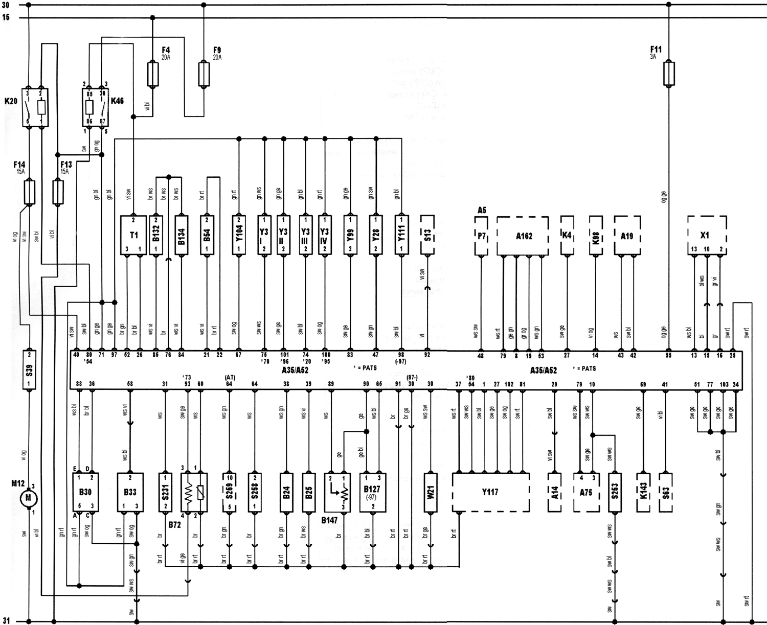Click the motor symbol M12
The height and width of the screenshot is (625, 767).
coord(29,497)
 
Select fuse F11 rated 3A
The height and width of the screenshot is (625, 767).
coord(668,74)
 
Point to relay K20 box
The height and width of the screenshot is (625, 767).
coord(35,108)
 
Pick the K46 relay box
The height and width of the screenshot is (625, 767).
coord(96,108)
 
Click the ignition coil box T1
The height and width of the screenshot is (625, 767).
coord(133,235)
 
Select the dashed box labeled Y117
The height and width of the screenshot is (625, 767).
coord(490,492)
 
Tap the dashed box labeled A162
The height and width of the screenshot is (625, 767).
coord(523,236)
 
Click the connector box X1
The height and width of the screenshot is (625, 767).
coord(707,235)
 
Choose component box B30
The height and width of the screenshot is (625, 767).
coord(86,492)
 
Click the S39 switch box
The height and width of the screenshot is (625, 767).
coord(29,369)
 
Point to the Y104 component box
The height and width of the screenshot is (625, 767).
coord(239,235)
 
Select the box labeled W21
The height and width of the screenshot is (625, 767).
coord(431,492)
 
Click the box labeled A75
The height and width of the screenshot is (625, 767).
coord(586,492)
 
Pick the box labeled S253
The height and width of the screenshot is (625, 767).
coord(615,492)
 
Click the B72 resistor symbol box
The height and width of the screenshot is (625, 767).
coord(194,492)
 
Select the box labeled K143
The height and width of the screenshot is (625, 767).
coord(643,492)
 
